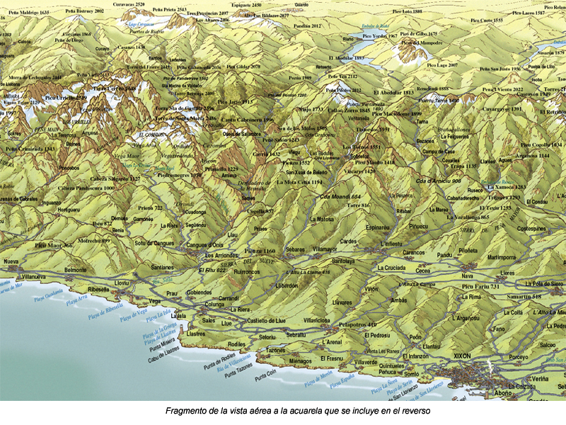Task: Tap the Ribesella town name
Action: pyautogui.click(x=93, y=289)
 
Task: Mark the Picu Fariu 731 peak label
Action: pyautogui.click(x=481, y=286)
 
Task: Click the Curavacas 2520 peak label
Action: pyautogui.click(x=129, y=4)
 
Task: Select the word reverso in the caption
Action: pyautogui.click(x=413, y=410)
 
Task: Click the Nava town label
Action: pyautogui.click(x=466, y=275)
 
